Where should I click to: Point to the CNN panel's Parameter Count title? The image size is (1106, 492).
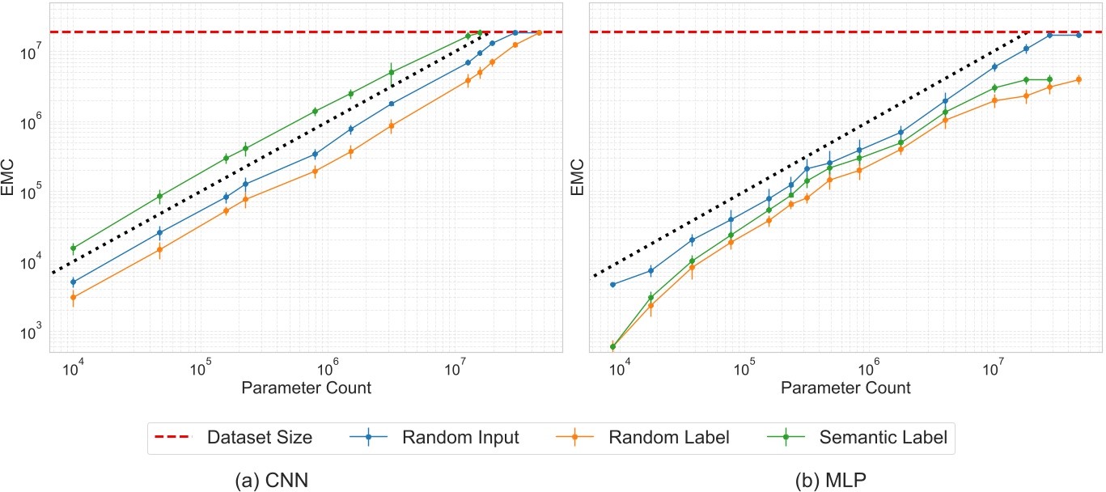coord(307,388)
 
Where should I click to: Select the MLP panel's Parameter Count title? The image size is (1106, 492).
coord(846,388)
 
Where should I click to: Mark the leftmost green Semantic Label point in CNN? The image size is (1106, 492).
coord(73,248)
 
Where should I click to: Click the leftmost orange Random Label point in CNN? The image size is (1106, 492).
coord(73,298)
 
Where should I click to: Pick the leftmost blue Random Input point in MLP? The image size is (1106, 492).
coord(613,285)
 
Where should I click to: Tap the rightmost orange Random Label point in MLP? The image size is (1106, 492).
coord(1078,79)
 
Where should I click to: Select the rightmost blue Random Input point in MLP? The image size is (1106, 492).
coord(1078,35)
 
